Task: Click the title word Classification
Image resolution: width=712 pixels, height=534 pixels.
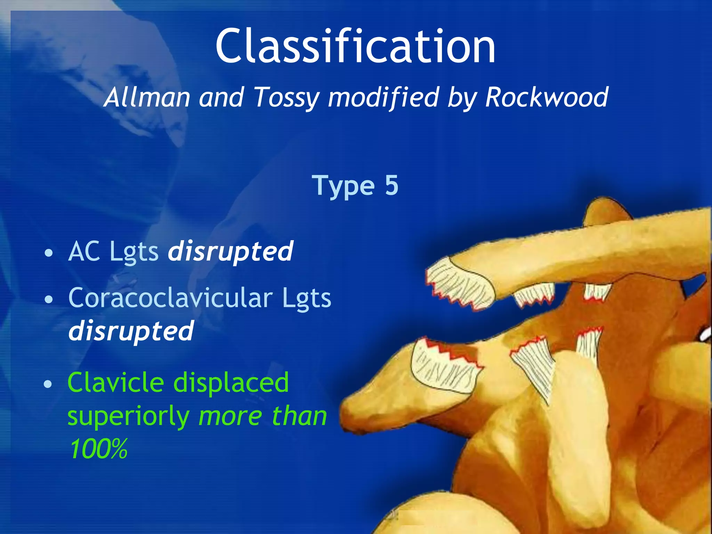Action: coord(355,47)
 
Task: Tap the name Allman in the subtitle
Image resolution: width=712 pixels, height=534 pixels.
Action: coord(147,97)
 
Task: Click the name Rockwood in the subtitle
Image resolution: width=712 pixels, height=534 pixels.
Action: coord(547,97)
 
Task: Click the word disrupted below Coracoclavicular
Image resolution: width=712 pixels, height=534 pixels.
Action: coord(131,331)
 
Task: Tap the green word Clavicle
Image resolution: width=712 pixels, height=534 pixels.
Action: coord(116,382)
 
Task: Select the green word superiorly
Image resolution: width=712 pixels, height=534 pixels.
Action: coord(128,416)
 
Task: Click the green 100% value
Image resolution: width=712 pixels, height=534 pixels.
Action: coord(98,449)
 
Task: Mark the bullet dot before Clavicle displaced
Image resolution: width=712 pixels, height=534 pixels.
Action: coord(48,384)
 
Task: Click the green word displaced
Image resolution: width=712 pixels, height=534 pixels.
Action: coord(231,382)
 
